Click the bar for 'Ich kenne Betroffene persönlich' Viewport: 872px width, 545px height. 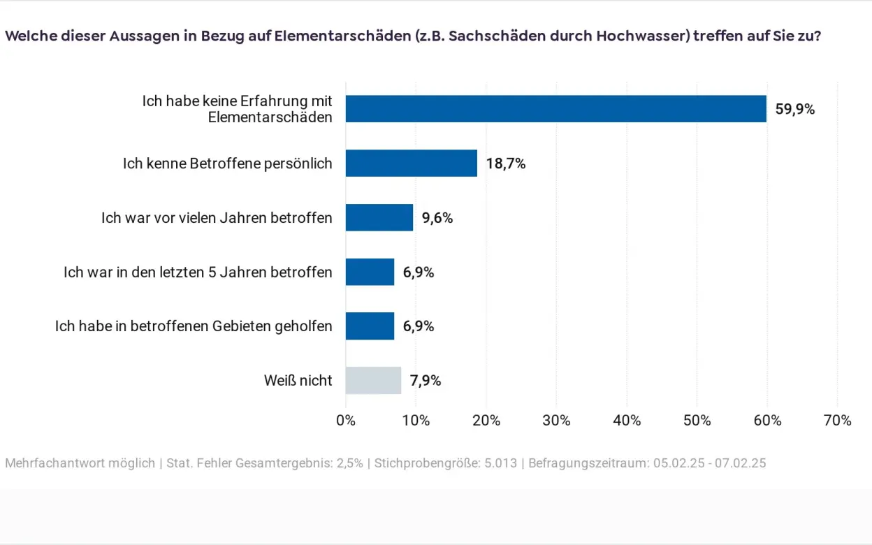[x=411, y=163]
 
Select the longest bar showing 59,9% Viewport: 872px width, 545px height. [x=555, y=109]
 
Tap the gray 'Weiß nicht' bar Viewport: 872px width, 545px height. [x=373, y=381]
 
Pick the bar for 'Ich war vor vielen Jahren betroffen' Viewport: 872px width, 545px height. [x=379, y=217]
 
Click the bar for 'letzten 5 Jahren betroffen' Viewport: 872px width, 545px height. [x=370, y=272]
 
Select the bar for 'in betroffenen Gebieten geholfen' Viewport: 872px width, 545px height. [x=370, y=326]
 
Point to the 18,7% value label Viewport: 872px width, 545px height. [x=506, y=163]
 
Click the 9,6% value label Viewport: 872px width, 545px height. [x=437, y=218]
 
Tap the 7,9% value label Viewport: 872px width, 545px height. [x=426, y=381]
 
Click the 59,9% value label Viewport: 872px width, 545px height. [x=795, y=110]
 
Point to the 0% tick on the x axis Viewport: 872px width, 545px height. [x=346, y=421]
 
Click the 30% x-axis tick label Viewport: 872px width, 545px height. [x=556, y=421]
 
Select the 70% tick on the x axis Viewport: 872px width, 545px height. [x=837, y=421]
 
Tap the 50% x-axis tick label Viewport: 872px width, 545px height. [x=697, y=421]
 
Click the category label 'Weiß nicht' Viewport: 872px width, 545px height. [x=298, y=381]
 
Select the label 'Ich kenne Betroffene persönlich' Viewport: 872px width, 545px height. [x=227, y=163]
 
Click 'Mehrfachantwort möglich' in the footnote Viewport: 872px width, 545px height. [x=80, y=463]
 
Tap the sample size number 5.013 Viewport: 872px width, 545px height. [x=500, y=463]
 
